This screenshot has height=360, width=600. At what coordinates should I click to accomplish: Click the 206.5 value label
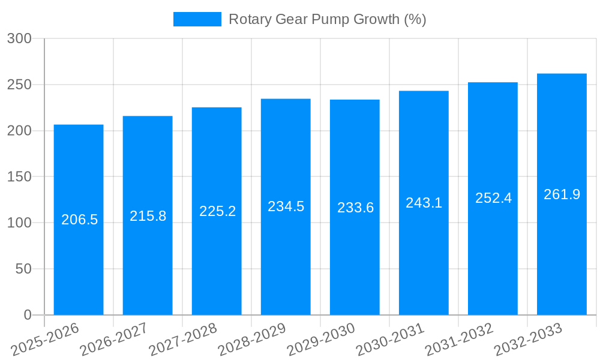(x=79, y=220)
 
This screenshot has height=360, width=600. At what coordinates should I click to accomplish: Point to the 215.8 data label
(x=148, y=216)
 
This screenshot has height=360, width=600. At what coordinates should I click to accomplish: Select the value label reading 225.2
(x=217, y=211)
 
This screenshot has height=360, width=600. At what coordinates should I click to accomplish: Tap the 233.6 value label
(x=355, y=208)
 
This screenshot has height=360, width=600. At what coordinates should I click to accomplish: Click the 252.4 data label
(x=493, y=198)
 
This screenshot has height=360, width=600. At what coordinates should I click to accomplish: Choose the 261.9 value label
(x=562, y=194)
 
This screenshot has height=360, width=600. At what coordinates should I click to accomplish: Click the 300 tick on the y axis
(x=19, y=38)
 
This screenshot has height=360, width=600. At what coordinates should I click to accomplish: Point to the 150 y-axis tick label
(x=19, y=177)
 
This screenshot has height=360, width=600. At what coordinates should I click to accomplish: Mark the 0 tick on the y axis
(x=27, y=315)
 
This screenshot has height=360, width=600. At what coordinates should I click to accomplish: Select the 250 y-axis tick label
(x=19, y=85)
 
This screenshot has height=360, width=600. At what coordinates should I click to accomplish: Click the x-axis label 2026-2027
(x=114, y=340)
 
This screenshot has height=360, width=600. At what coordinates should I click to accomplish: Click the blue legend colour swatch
(x=197, y=19)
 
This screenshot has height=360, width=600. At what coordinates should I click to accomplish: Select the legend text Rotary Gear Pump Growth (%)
(x=327, y=19)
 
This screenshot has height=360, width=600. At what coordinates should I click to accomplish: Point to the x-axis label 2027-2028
(x=183, y=340)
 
